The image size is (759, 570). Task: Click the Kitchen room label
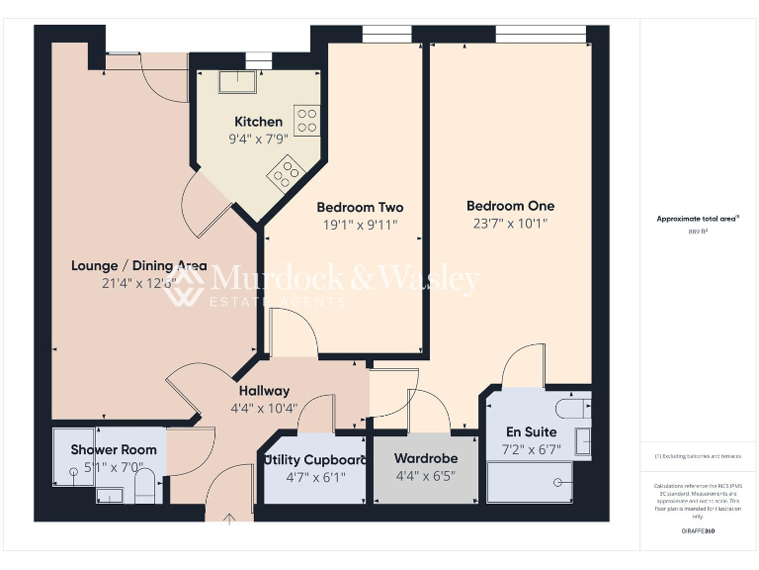coord(258,122)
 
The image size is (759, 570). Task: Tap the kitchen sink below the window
coord(238,81)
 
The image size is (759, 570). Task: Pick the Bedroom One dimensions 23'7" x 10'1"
coord(510,224)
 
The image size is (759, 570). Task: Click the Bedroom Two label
coord(360,207)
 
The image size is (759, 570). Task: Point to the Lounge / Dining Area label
coord(139,265)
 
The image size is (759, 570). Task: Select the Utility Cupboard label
coord(315,459)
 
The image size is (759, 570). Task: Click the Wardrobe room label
coord(425,459)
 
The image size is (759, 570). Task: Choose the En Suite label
coord(531,432)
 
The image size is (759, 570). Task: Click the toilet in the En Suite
coord(570,407)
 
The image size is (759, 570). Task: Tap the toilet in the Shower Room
coord(145,484)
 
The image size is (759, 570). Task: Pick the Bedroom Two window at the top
coord(379,36)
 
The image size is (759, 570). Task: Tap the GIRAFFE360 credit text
coord(698,531)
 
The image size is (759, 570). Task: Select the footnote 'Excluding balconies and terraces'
coord(698,456)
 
